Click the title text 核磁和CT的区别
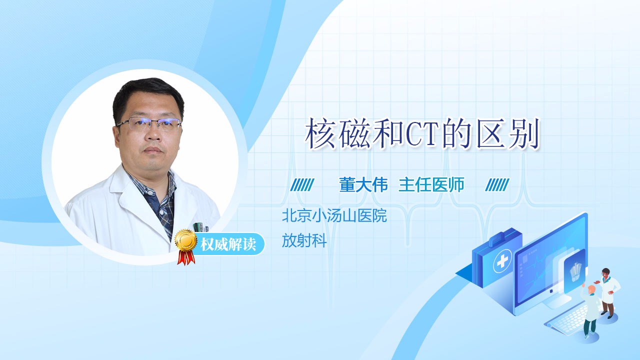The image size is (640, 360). click(x=422, y=133)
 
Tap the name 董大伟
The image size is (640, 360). click(x=363, y=184)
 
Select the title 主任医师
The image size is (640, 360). click(x=431, y=184)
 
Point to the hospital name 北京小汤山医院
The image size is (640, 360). click(x=334, y=215)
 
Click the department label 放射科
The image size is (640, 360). click(x=304, y=240)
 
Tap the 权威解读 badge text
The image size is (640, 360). click(x=228, y=244)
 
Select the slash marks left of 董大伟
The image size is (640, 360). click(x=302, y=185)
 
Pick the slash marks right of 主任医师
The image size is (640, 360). click(x=497, y=185)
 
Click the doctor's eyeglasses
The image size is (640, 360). click(x=149, y=123)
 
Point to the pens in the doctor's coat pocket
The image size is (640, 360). click(x=200, y=227)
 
